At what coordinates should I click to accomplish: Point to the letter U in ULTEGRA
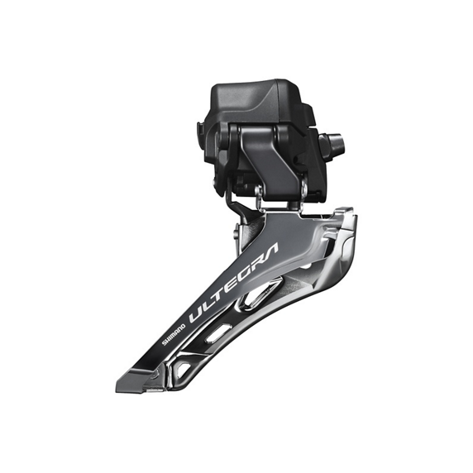(x=197, y=313)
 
